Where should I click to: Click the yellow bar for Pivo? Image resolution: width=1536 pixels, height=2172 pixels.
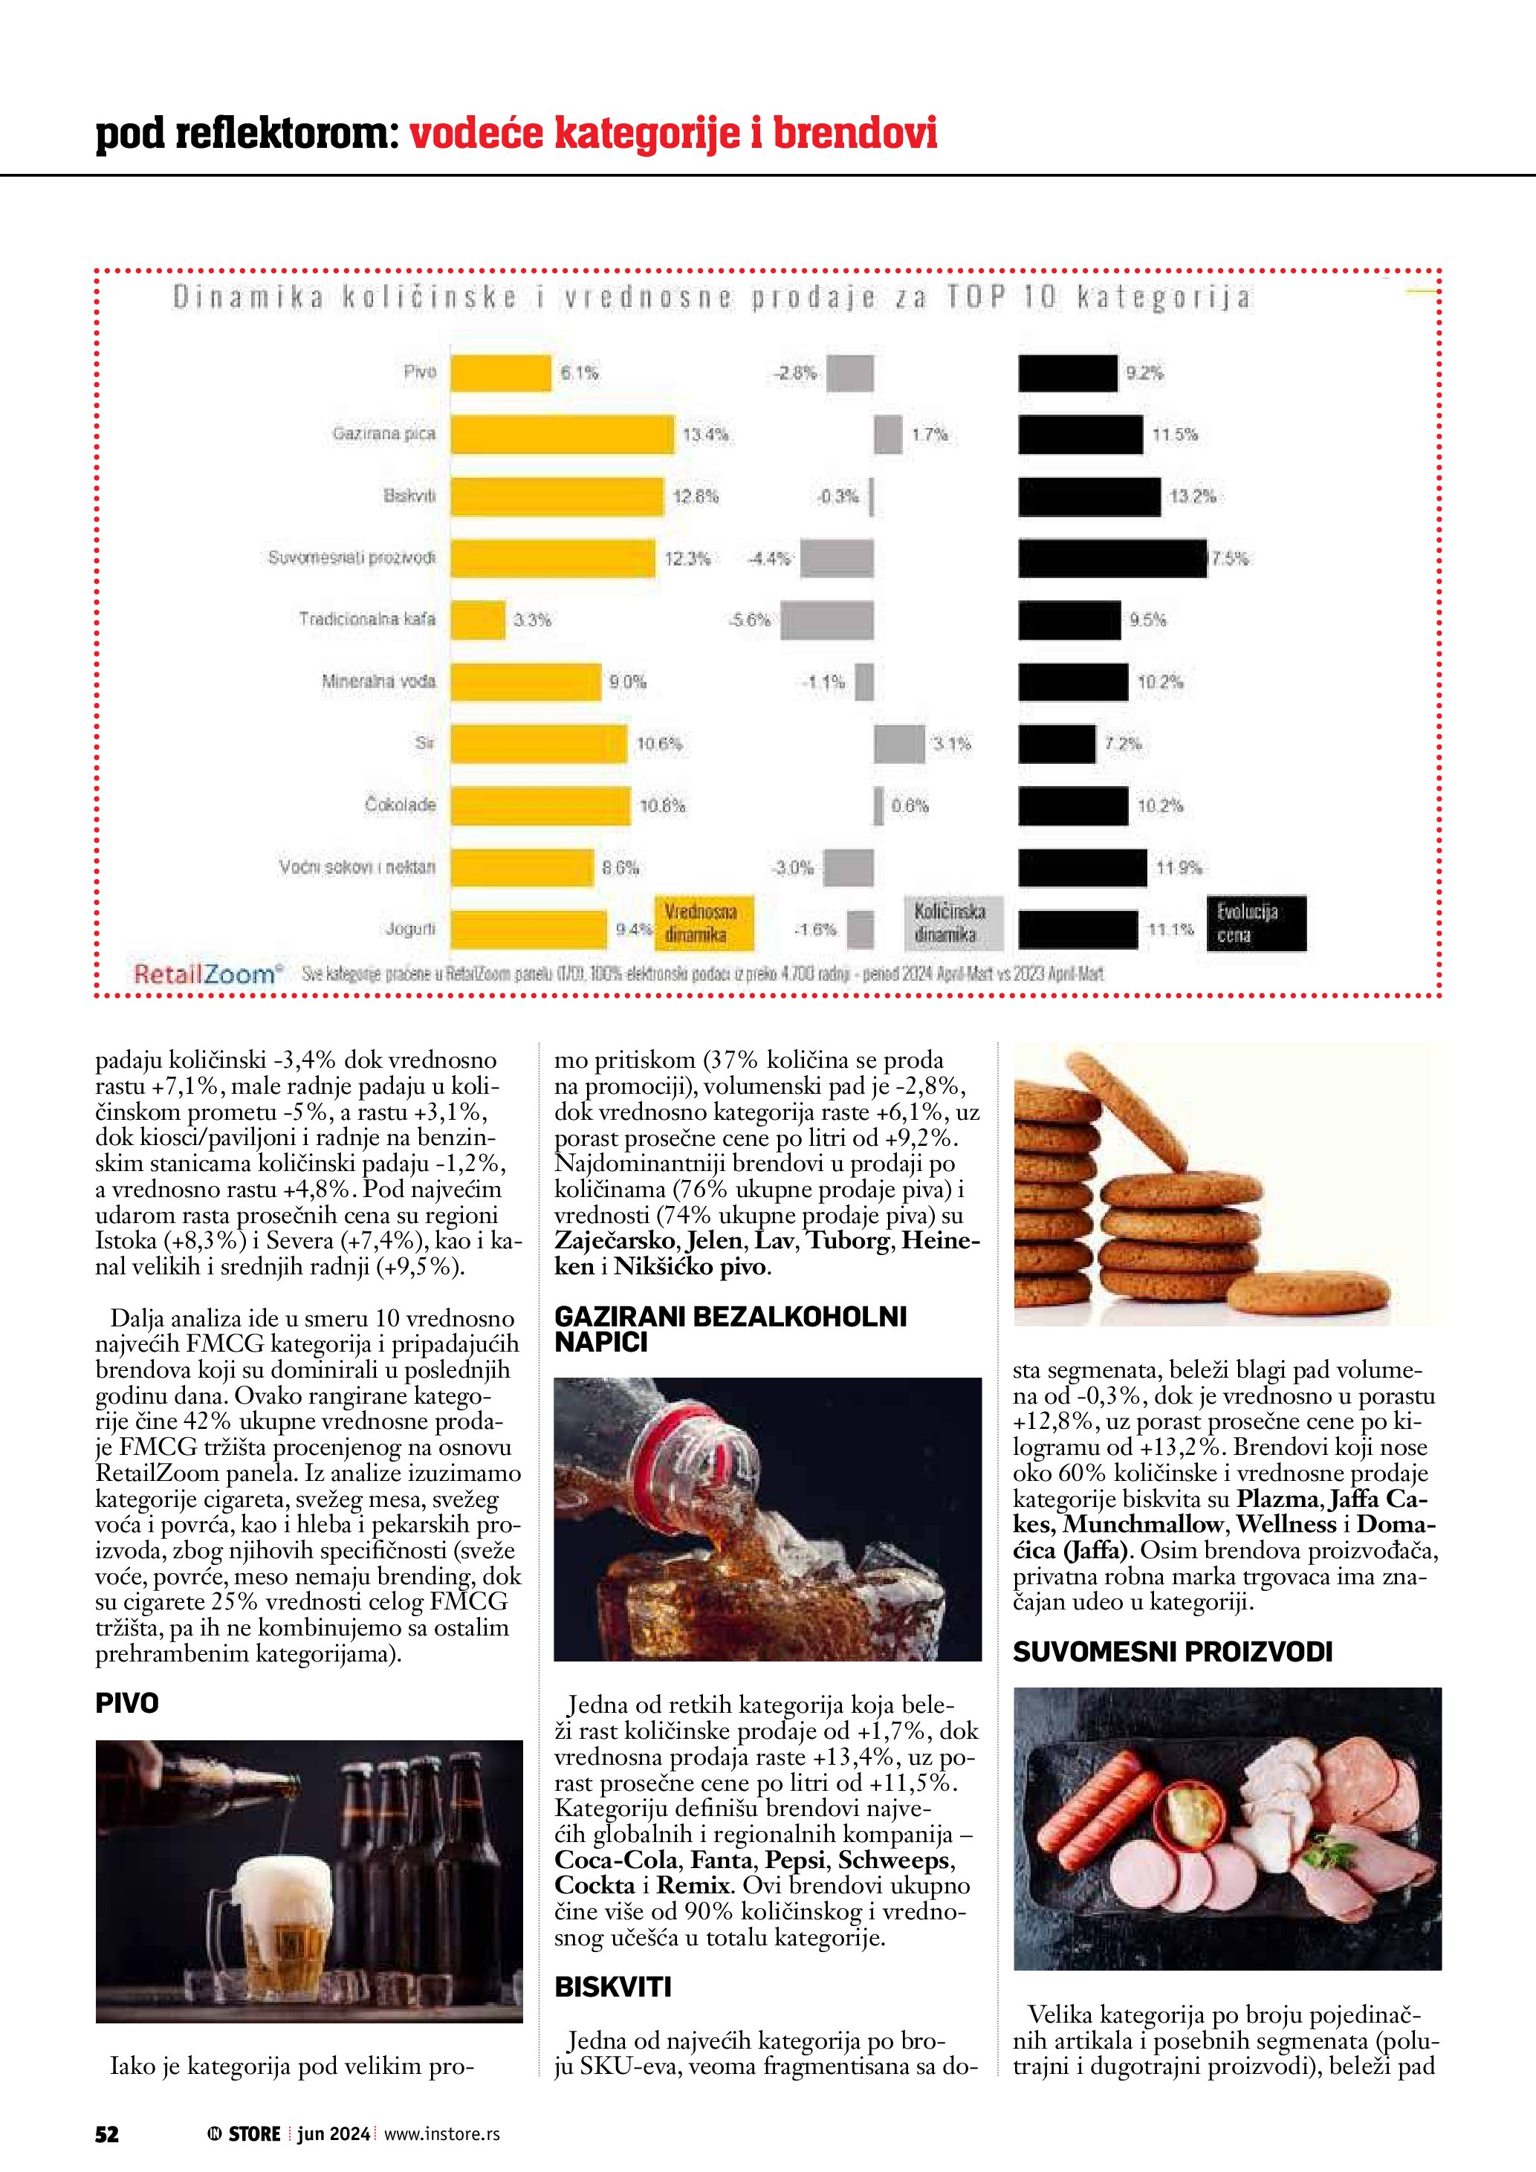point(500,373)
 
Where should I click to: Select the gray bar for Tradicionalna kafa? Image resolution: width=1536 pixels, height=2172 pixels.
point(826,620)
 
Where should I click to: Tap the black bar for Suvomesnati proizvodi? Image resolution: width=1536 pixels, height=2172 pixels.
point(1112,558)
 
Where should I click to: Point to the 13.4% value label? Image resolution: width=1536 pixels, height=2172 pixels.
point(705,435)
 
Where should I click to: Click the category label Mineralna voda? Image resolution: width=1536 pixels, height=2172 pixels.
point(378,681)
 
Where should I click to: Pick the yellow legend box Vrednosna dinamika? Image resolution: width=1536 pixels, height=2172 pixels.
point(704,922)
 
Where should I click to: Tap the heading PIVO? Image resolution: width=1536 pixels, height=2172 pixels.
point(127,1703)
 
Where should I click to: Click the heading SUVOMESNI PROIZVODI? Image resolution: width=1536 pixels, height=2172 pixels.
point(1172,1652)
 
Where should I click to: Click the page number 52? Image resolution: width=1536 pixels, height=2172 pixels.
point(107,2133)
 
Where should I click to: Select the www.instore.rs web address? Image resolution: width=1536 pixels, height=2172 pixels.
point(441,2133)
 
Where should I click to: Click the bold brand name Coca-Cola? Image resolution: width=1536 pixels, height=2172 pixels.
point(616,1861)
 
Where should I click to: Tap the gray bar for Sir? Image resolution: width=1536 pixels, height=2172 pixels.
point(898,744)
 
